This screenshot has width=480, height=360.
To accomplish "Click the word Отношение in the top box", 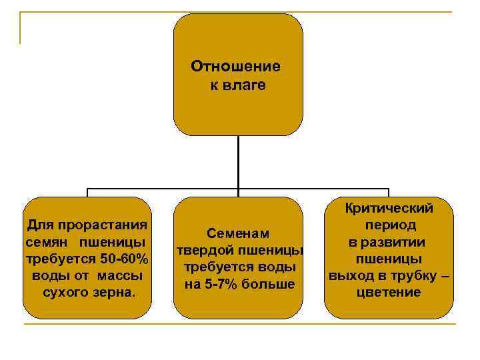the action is point(235,67).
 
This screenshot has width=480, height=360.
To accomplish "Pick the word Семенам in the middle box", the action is point(238,233).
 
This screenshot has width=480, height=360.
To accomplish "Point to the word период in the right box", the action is point(390,225).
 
